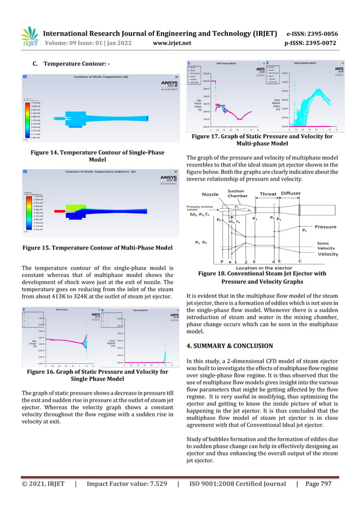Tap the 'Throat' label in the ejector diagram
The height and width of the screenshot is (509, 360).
pyautogui.click(x=268, y=194)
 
